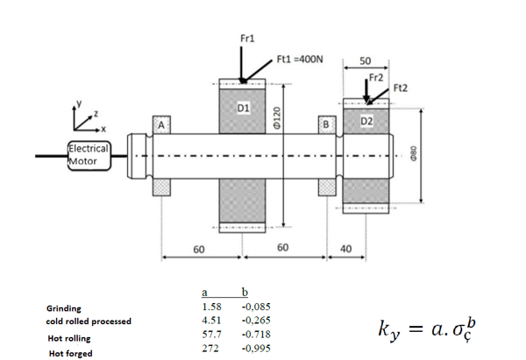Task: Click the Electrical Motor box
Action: (89, 153)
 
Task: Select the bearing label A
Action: (161, 124)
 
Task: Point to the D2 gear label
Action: (367, 119)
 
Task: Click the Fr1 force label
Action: (247, 39)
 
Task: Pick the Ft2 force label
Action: (402, 88)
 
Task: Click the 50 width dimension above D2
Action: (366, 60)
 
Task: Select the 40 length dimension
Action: (345, 250)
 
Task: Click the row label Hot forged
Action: (71, 352)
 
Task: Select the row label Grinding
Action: (63, 308)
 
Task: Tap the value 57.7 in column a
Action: (211, 335)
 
